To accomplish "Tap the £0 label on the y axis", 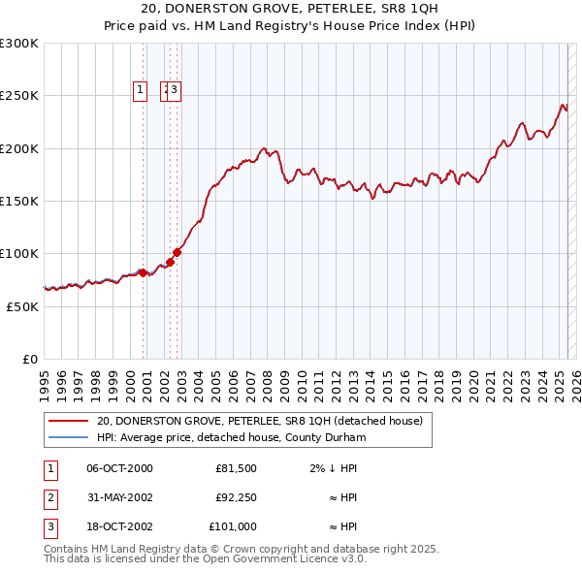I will (29, 359).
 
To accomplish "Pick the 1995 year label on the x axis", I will (45, 379).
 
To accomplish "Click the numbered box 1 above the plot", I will (141, 90).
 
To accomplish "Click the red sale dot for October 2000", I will (143, 272).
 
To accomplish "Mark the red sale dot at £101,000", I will (178, 252).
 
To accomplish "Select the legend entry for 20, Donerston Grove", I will (259, 422).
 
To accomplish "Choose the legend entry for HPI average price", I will (230, 438).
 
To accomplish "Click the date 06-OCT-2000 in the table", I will (119, 468).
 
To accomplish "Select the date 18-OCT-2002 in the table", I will (119, 526).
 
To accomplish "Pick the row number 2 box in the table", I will (48, 497).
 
